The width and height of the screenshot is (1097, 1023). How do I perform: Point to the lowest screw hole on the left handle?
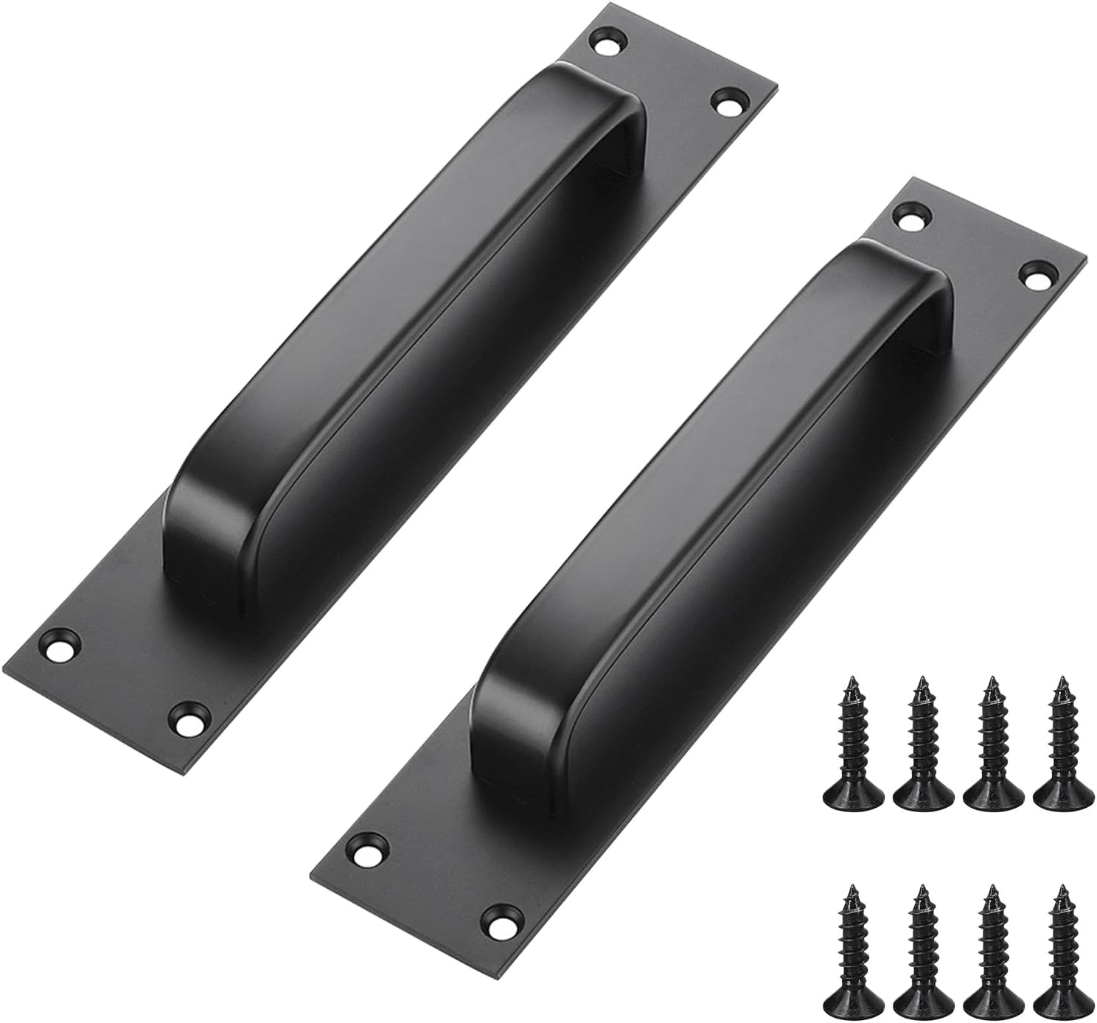(188, 716)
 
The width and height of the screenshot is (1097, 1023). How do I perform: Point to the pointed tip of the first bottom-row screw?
(852, 889)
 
